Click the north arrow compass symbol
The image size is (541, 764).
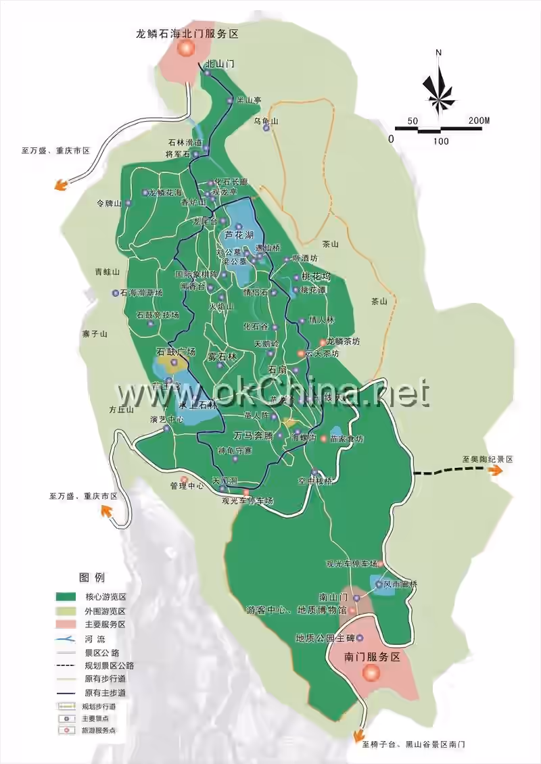(438, 85)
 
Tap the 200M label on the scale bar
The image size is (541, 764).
(479, 121)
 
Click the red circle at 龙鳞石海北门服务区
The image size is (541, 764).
(186, 49)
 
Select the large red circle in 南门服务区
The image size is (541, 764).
(371, 673)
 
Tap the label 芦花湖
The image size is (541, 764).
(239, 235)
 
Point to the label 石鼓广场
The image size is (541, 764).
(176, 352)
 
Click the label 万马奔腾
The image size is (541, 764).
(253, 435)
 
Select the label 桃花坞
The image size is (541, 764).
(316, 277)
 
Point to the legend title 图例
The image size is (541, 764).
(92, 577)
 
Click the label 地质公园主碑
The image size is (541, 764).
(325, 638)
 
